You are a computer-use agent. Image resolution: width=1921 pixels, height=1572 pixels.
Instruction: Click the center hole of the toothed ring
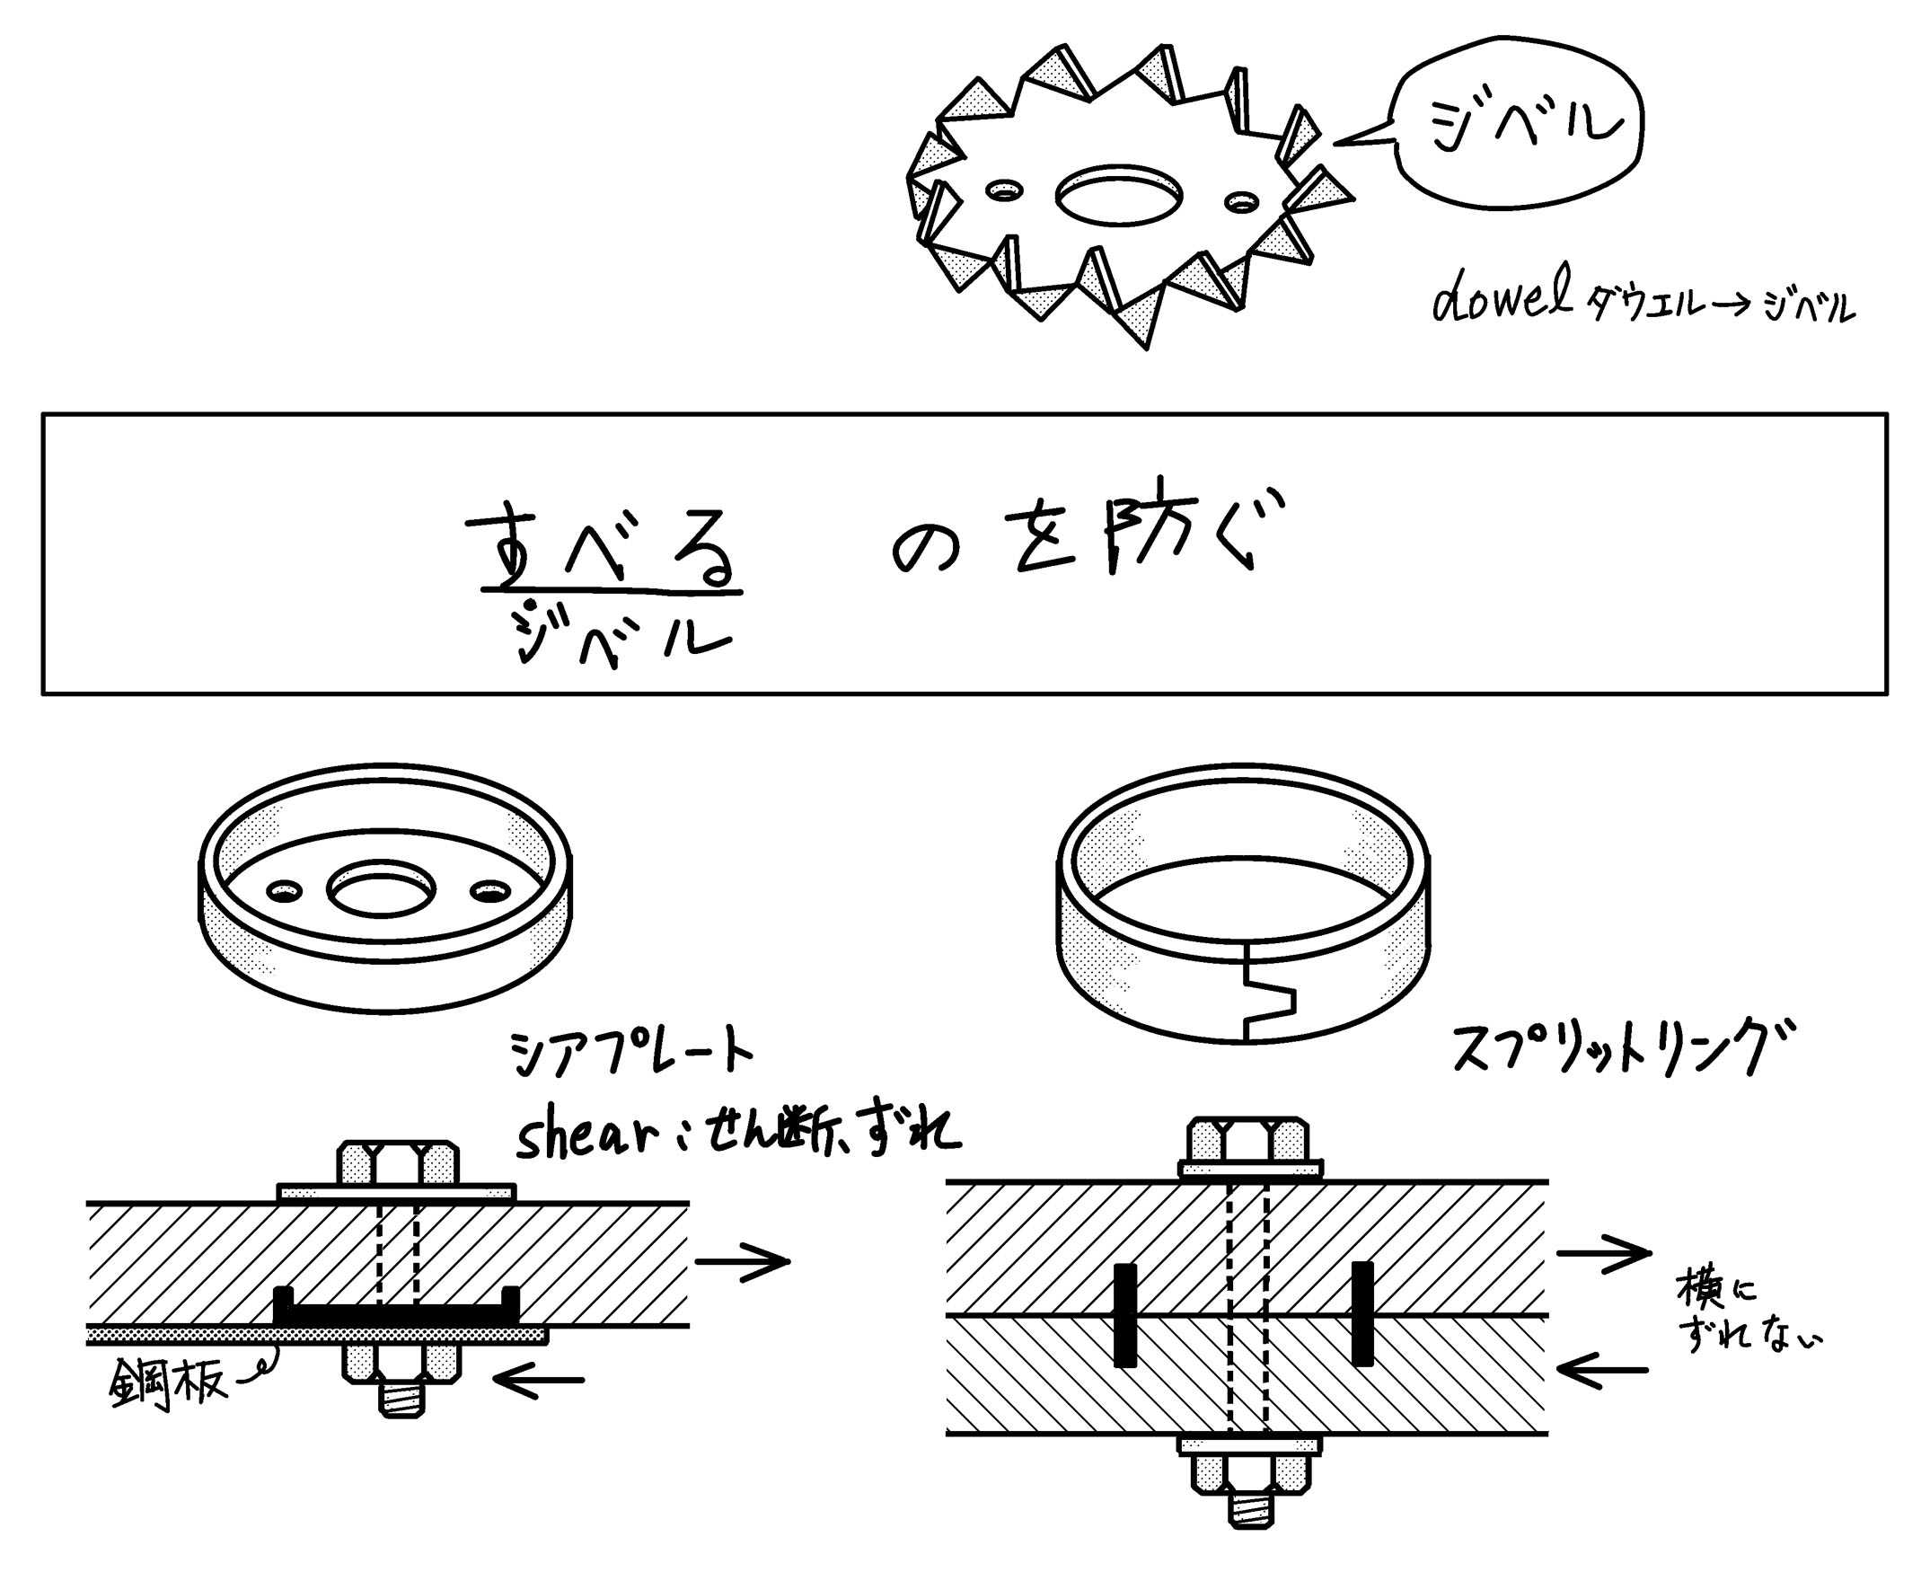[x=1119, y=193]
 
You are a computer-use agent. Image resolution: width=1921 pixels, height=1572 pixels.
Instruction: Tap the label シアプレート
[x=630, y=1054]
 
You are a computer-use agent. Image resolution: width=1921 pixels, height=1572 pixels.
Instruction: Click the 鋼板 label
[x=166, y=1383]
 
